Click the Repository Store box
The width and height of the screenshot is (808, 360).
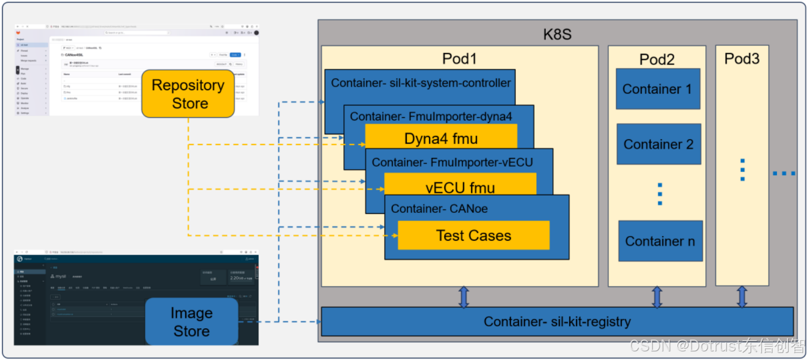(188, 94)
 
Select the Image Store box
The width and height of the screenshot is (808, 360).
(191, 322)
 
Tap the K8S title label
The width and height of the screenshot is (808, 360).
(557, 35)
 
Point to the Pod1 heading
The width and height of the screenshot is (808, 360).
(459, 59)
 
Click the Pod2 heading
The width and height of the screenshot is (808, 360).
(656, 59)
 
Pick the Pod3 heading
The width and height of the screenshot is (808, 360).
(742, 59)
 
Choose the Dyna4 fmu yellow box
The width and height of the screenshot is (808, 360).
(441, 139)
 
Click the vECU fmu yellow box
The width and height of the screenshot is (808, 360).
(460, 188)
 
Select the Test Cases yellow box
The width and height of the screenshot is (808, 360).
(473, 235)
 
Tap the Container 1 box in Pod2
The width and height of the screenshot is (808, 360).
(658, 89)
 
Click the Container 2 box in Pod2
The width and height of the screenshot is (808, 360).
(659, 144)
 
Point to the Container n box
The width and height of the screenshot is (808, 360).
(660, 241)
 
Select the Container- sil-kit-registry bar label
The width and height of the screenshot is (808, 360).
(557, 321)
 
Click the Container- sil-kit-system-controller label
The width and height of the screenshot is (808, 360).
(421, 83)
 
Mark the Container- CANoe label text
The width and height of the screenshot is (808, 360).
(439, 208)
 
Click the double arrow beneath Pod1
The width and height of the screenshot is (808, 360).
(464, 297)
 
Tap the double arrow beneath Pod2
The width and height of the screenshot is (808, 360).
(656, 297)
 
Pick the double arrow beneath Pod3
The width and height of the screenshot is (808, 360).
(742, 297)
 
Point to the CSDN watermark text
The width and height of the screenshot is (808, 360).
(717, 345)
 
